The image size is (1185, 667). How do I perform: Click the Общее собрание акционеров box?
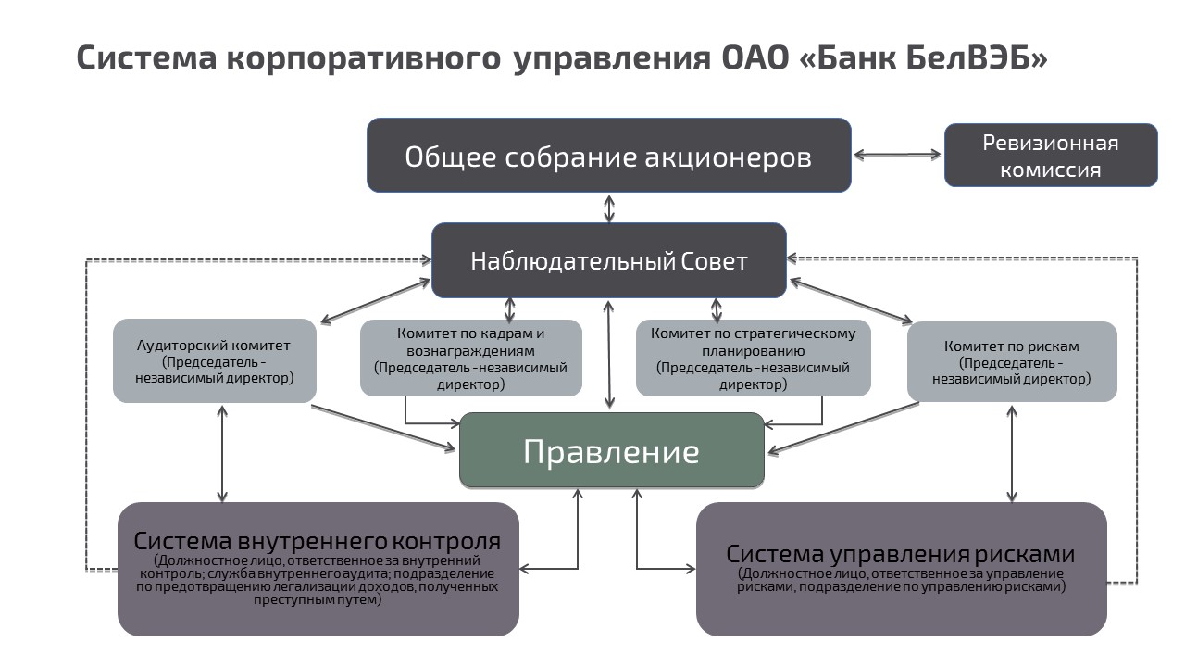608,156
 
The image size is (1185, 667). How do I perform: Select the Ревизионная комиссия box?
1050,156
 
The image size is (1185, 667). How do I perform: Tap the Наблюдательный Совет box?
608,260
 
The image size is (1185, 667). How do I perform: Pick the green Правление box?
611,451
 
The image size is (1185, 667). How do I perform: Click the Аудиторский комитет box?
214,361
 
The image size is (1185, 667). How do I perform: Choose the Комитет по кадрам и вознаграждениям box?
470,359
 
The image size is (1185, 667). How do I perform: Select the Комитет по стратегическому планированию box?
753,359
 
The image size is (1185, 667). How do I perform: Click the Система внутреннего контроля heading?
318,541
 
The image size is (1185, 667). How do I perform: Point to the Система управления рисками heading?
900,554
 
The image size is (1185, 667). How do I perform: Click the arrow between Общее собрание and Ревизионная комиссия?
897,155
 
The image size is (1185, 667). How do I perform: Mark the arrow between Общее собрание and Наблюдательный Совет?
608,208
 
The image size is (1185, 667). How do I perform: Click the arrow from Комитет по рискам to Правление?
842,428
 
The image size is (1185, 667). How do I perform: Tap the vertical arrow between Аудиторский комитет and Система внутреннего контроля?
222,452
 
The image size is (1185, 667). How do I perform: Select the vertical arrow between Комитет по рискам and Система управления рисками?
1012,452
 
